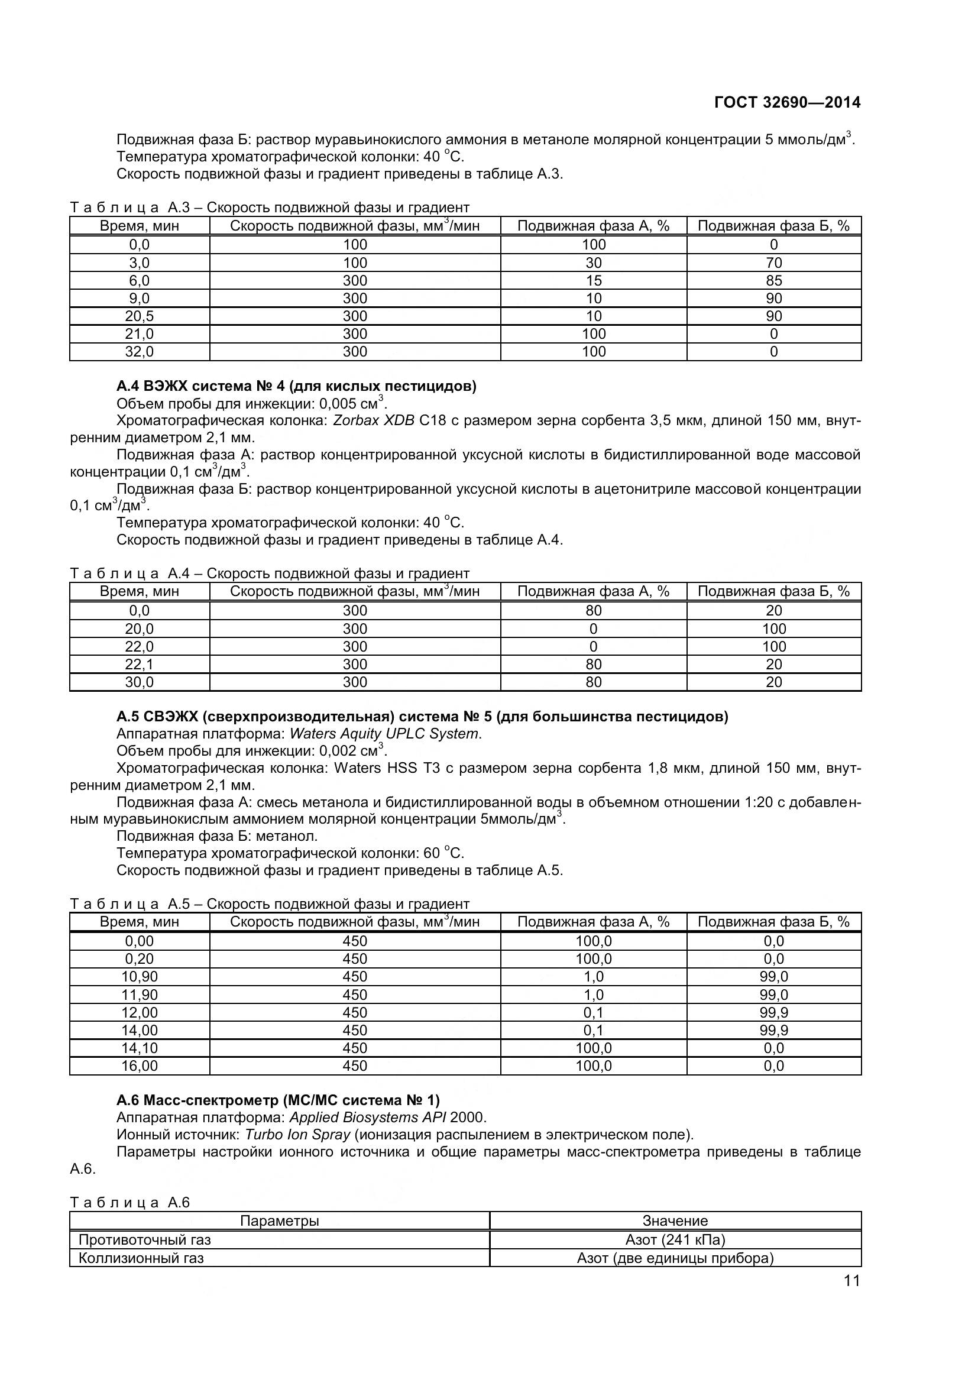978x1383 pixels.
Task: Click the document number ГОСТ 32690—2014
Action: (786, 102)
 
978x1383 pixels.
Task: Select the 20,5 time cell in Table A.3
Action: (139, 316)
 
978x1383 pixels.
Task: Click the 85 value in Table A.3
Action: (773, 281)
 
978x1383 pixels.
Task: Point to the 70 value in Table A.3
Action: (773, 263)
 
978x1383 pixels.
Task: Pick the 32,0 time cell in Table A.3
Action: (139, 352)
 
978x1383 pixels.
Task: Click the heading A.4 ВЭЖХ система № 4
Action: (296, 386)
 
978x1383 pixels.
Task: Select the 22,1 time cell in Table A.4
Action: (139, 665)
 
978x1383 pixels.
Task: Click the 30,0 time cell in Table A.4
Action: (139, 682)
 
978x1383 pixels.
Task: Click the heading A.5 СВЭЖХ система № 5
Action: (422, 717)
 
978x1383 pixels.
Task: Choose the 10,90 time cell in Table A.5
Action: (139, 976)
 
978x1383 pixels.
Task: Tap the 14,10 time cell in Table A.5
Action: (139, 1048)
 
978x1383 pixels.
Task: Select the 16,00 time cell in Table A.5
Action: (139, 1065)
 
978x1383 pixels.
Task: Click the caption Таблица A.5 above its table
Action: (269, 903)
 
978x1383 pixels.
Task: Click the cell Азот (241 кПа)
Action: (675, 1240)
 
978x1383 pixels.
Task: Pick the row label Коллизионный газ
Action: (141, 1258)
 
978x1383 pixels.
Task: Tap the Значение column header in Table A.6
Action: (675, 1221)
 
